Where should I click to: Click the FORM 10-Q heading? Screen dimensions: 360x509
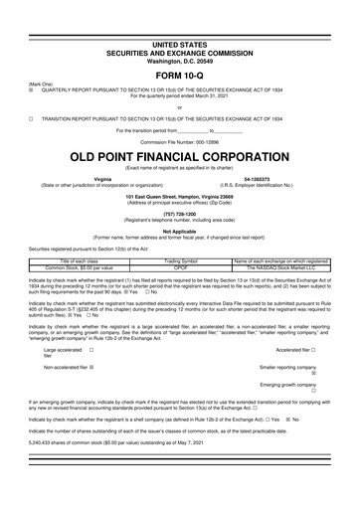pos(180,48)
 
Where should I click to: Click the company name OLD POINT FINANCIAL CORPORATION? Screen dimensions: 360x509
pos(180,158)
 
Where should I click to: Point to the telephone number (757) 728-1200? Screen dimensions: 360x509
pos(180,213)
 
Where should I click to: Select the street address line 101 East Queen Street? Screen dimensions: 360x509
pos(180,196)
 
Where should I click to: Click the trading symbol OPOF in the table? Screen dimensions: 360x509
pos(180,266)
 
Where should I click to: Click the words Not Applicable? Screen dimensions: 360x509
pos(180,230)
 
